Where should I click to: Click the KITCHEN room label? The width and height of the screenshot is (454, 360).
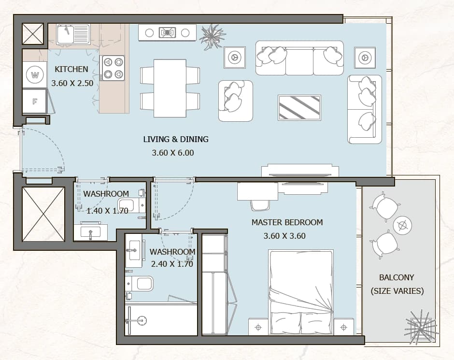(71, 69)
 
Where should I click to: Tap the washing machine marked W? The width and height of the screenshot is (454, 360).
(35, 75)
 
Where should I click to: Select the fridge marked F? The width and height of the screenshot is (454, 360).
(35, 101)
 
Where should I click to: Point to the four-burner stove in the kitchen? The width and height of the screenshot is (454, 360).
(113, 68)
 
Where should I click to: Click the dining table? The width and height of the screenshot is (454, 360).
(170, 88)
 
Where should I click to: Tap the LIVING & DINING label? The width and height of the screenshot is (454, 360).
(176, 139)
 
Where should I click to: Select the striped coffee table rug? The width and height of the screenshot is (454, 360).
(299, 107)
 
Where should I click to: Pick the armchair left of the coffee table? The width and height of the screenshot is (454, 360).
(235, 101)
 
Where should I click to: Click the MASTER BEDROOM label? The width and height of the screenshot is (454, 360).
(287, 222)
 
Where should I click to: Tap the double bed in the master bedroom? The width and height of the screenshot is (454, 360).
(301, 292)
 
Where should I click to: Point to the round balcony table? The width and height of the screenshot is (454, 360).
(403, 225)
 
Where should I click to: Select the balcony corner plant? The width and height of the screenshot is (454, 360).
(421, 328)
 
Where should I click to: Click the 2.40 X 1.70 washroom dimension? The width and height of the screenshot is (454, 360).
(172, 264)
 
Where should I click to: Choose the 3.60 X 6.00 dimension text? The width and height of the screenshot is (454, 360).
(173, 153)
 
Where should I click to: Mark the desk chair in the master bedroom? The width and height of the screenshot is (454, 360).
(260, 205)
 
